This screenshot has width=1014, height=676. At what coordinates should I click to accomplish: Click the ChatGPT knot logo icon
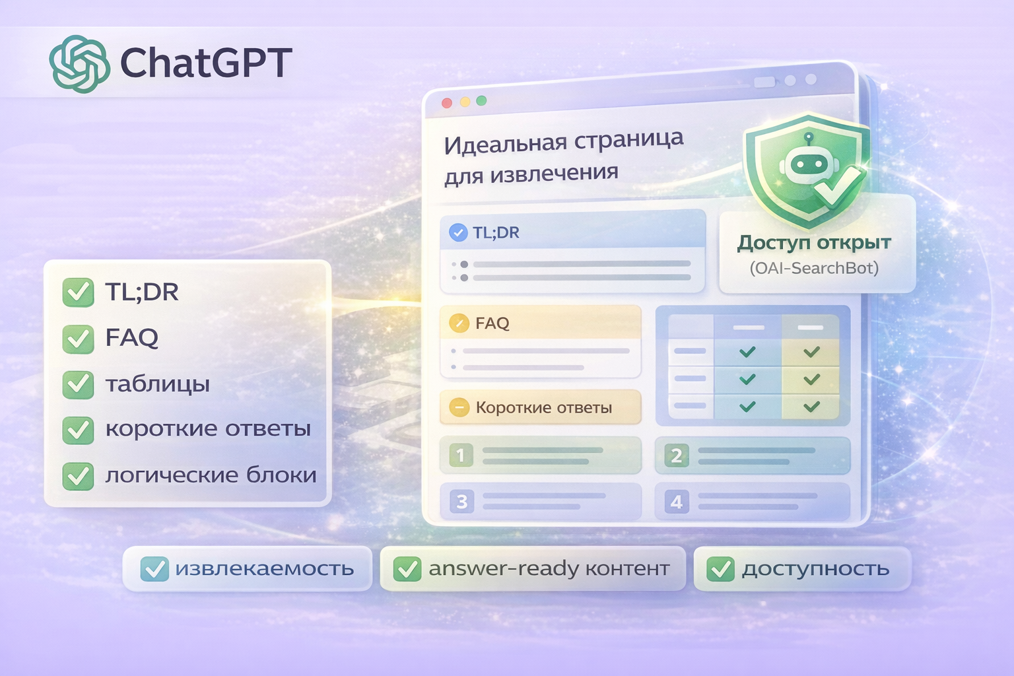pyautogui.click(x=79, y=63)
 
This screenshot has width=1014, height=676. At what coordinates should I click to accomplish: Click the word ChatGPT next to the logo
pyautogui.click(x=205, y=63)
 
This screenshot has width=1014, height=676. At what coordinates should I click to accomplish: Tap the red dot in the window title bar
pyautogui.click(x=447, y=103)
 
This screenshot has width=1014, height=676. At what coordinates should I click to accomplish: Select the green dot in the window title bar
pyautogui.click(x=481, y=100)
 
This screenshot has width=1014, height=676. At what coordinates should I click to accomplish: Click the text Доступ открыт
pyautogui.click(x=814, y=243)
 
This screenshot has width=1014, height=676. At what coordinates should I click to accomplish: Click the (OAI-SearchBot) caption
pyautogui.click(x=814, y=268)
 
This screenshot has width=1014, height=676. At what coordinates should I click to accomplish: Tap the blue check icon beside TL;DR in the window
pyautogui.click(x=458, y=232)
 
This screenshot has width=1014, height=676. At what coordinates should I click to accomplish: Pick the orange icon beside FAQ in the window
pyautogui.click(x=458, y=323)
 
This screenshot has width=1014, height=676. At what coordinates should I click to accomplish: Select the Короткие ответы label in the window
pyautogui.click(x=544, y=407)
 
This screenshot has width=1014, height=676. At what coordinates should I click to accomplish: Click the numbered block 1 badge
pyautogui.click(x=461, y=455)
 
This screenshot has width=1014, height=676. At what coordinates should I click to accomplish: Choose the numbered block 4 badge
pyautogui.click(x=677, y=502)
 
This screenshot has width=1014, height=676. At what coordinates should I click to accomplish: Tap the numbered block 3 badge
pyautogui.click(x=461, y=502)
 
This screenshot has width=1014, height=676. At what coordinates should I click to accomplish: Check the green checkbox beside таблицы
pyautogui.click(x=78, y=384)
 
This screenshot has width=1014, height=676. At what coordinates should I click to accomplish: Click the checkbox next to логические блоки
pyautogui.click(x=78, y=475)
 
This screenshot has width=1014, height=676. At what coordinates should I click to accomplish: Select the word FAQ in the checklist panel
pyautogui.click(x=131, y=338)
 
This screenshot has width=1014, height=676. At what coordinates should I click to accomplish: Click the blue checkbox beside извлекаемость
pyautogui.click(x=155, y=568)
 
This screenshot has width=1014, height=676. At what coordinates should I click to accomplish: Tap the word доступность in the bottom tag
pyautogui.click(x=815, y=568)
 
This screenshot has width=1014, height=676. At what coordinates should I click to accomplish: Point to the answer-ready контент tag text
pyautogui.click(x=549, y=568)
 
